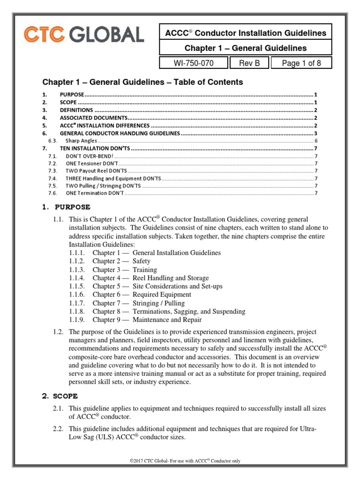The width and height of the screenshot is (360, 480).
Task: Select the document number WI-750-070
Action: [193, 63]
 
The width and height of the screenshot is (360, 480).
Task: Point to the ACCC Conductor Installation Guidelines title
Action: [246, 33]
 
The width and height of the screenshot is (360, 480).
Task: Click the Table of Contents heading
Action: [143, 82]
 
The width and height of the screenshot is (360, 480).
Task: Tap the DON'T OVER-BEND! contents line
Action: [89, 156]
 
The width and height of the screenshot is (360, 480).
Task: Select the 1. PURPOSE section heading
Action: [67, 207]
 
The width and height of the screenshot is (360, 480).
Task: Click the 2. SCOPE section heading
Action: [60, 396]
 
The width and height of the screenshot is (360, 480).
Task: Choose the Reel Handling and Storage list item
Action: [171, 278]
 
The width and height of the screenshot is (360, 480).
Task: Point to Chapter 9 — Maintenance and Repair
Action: [147, 320]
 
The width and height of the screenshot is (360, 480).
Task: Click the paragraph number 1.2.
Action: [58, 332]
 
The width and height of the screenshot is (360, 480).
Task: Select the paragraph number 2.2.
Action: [58, 429]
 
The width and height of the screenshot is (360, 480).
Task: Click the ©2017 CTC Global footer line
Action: [185, 461]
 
